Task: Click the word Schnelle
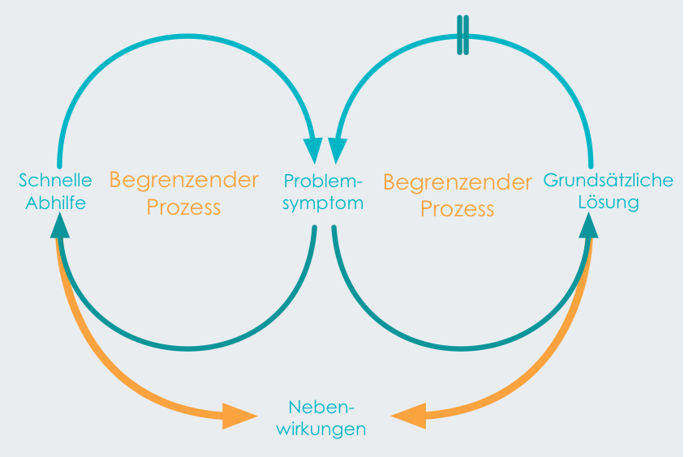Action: coord(55,180)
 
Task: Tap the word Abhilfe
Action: coord(56,203)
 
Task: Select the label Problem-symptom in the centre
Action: coord(323,192)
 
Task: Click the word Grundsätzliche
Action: coord(608,180)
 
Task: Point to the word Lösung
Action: coord(609,203)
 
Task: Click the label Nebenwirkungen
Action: coord(321,418)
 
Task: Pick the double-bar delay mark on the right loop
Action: coord(463,36)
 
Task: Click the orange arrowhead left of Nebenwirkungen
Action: coord(239,416)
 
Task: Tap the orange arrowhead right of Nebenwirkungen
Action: coord(409,416)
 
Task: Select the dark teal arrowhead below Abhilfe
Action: coord(60,226)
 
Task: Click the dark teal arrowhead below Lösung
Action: coord(588,226)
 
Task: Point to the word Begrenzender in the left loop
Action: coord(184,181)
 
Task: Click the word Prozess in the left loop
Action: coord(183,207)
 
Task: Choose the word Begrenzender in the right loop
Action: coord(458,182)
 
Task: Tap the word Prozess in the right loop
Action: coord(457,209)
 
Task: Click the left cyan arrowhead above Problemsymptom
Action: coord(313,150)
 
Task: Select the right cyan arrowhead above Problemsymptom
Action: coord(338,150)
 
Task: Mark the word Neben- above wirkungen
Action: coord(321,407)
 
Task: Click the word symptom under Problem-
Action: coord(323,204)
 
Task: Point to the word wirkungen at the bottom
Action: coord(321,429)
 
